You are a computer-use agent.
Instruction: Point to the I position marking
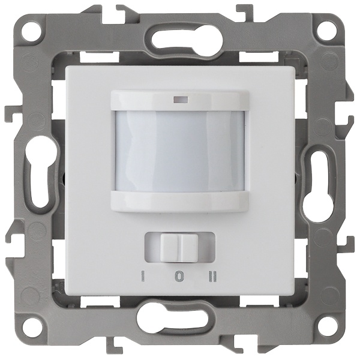[x=142, y=277]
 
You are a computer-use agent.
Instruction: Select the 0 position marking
[x=178, y=277]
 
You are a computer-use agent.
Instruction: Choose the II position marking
[x=213, y=277]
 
